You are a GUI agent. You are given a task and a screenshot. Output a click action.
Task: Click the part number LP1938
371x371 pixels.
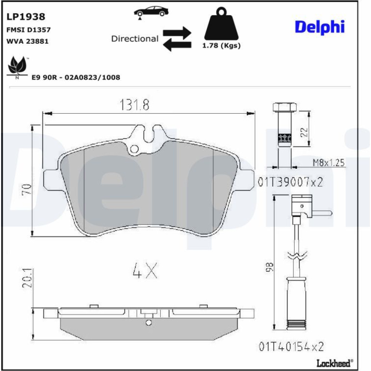tap(26, 17)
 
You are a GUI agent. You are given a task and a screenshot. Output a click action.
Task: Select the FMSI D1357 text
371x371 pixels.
tap(29, 30)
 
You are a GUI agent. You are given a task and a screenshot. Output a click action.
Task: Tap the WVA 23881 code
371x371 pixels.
tap(27, 42)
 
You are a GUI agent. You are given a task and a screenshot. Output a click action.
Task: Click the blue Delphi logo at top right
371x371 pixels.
tap(320, 27)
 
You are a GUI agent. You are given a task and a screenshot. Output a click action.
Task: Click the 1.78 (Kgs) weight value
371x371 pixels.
tap(221, 45)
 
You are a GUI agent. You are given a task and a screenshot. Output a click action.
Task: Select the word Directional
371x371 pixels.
tap(135, 39)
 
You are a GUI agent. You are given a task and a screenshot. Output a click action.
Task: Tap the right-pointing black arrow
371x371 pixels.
tap(177, 33)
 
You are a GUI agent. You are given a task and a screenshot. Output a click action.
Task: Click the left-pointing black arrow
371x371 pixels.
tap(177, 45)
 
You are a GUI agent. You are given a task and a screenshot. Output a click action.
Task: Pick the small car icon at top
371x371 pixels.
tap(151, 12)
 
